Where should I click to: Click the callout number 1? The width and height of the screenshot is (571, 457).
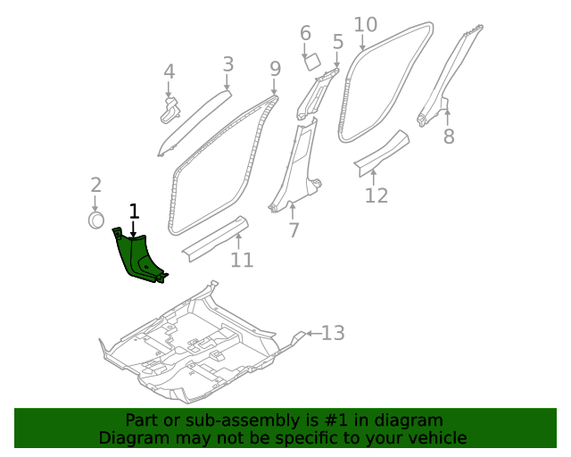coord(134,212)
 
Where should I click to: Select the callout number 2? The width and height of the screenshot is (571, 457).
coord(95,186)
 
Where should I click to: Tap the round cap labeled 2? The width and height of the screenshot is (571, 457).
coord(96,220)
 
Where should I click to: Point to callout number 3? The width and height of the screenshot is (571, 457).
coord(228,64)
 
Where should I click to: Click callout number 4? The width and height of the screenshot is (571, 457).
coord(169,72)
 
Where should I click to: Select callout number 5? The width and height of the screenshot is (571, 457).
coord(337,41)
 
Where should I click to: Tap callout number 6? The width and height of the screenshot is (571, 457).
coord(305,34)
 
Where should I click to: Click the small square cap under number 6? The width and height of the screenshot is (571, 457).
coord(312,62)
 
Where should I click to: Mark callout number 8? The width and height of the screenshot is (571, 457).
coord(449,137)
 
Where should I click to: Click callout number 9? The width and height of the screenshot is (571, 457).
coord(275,68)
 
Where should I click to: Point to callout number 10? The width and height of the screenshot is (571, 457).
coord(366,25)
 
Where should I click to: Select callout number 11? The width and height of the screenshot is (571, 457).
coord(242,260)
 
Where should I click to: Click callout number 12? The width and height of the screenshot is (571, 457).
coord(377,195)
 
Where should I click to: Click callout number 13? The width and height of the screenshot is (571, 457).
coord(332,334)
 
